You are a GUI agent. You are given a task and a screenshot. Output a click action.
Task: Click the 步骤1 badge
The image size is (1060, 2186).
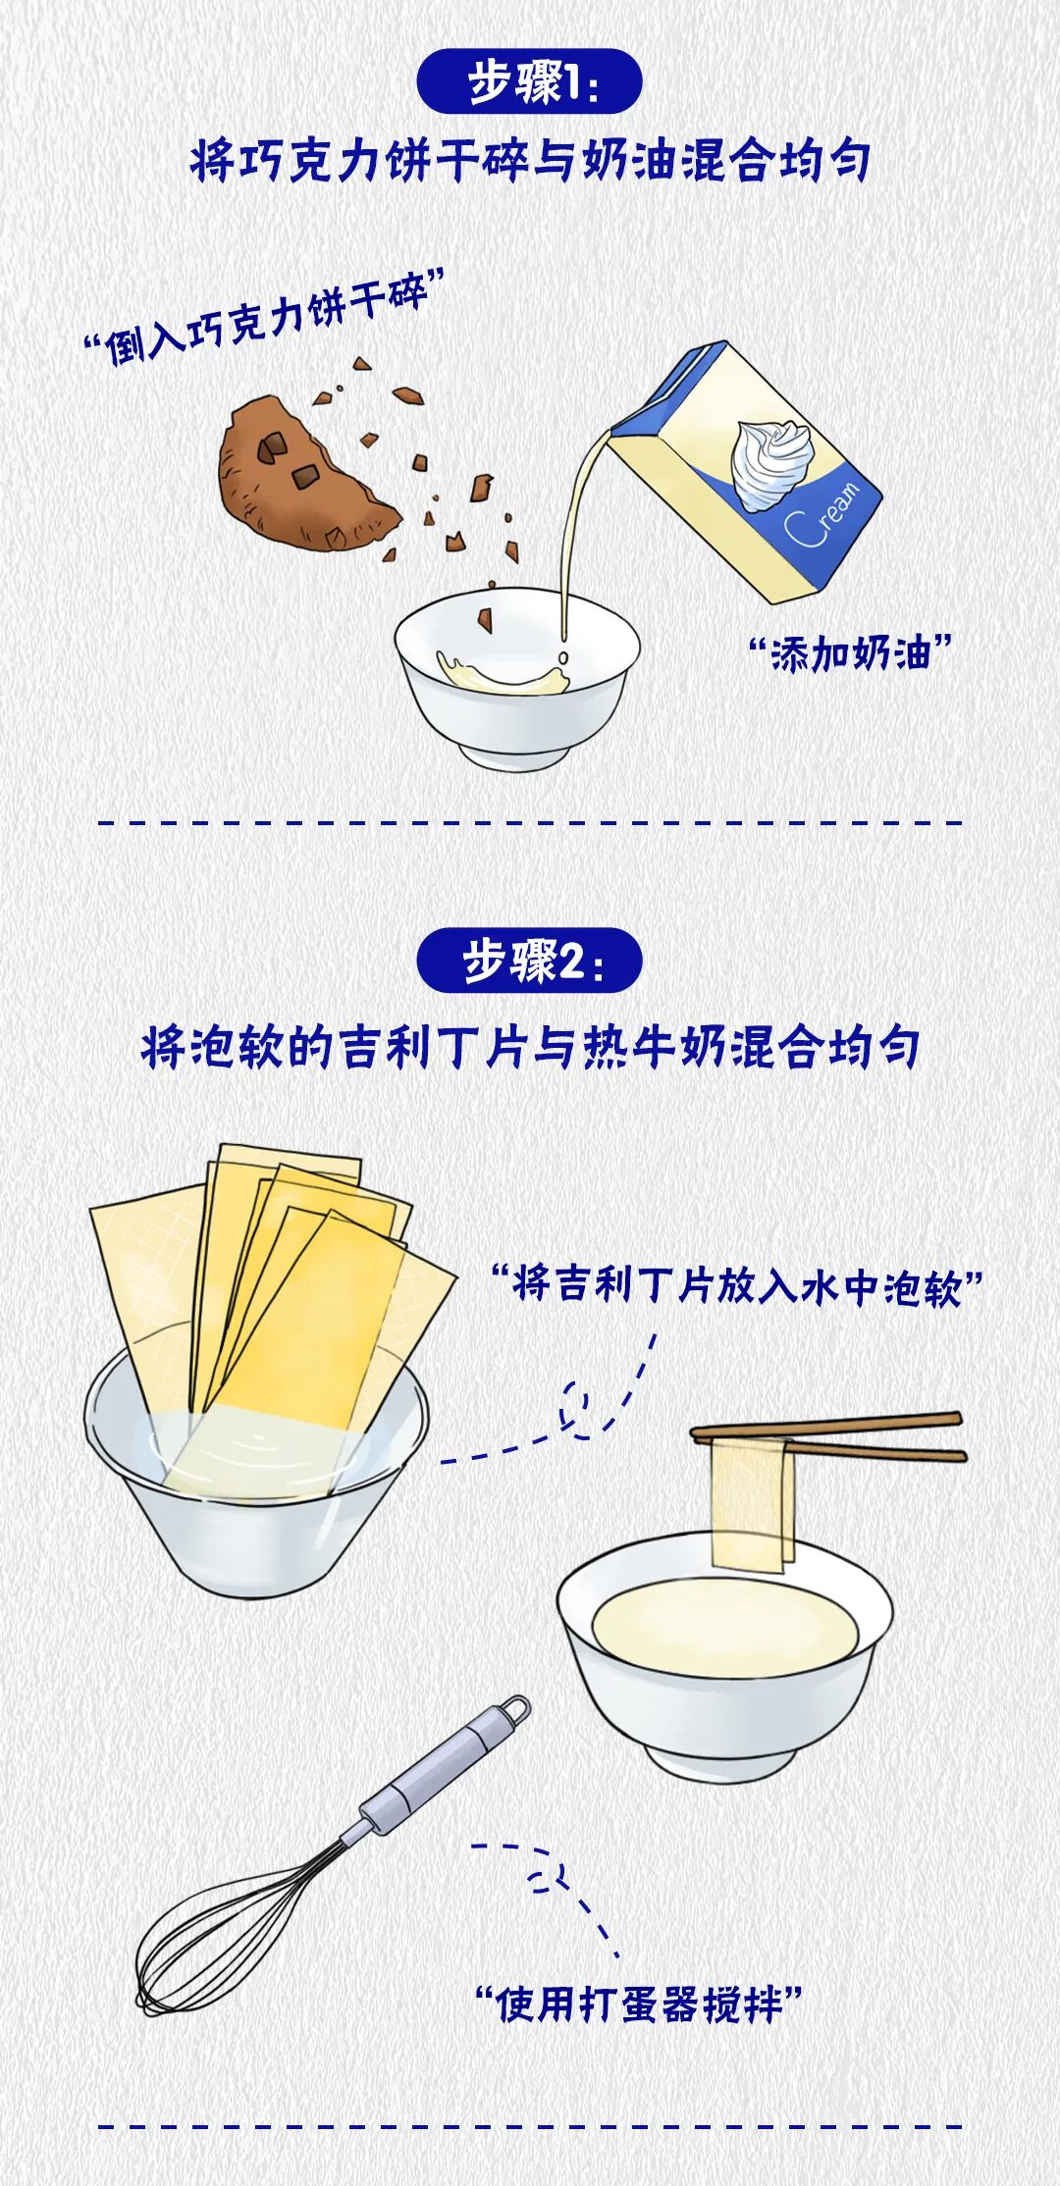click(x=529, y=82)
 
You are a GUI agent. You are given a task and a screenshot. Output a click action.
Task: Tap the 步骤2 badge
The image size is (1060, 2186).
click(x=529, y=961)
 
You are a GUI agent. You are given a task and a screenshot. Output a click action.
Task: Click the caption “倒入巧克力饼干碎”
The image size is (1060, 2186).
click(x=265, y=317)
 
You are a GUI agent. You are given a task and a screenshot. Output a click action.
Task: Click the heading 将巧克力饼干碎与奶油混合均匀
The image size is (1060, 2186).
click(x=530, y=160)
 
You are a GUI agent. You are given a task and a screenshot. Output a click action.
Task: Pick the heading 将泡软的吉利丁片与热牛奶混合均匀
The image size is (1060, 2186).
click(x=530, y=1047)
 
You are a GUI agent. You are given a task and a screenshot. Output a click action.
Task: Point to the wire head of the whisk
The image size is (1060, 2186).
click(x=240, y=1923)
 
